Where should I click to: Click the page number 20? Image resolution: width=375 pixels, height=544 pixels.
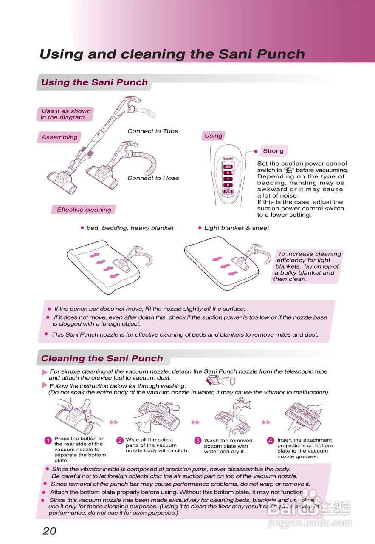coord(49,531)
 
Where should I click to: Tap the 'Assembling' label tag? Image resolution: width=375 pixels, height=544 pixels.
coord(59,137)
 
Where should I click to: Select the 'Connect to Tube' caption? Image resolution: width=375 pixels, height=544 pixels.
coord(153,131)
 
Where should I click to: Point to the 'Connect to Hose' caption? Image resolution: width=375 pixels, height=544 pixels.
coord(153,178)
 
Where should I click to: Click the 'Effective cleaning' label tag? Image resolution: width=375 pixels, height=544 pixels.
coord(84,210)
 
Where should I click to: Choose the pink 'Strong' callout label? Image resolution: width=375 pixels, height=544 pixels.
coord(273,151)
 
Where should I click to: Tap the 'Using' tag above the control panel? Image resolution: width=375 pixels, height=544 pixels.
coord(213,136)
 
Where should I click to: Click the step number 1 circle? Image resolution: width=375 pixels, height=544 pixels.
coord(48,440)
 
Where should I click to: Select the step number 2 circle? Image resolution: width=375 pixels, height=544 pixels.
coord(120,441)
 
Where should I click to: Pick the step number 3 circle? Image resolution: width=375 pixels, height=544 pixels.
coord(198,441)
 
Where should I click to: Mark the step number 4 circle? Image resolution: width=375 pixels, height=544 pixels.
coord(271,441)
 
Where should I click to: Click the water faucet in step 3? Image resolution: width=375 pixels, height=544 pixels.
coord(240,402)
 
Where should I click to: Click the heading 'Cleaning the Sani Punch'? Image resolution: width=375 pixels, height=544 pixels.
coord(102,358)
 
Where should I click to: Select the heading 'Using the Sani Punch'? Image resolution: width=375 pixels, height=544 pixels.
coord(94,82)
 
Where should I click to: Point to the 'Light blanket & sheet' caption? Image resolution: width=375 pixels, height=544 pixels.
coord(237,228)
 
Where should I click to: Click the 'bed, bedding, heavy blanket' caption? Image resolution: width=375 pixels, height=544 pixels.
coord(130,228)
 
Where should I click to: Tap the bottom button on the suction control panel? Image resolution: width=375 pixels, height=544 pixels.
coord(228,192)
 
